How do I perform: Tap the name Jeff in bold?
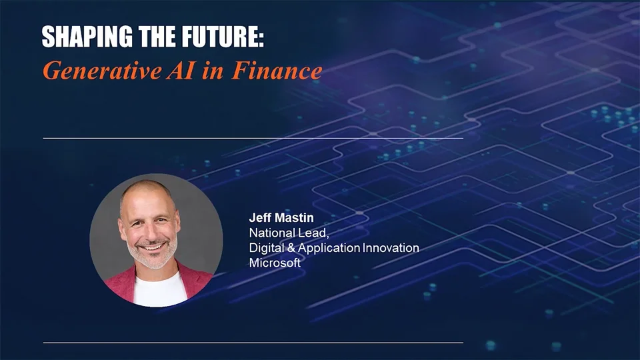tap(260, 218)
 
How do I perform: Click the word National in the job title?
tap(271, 233)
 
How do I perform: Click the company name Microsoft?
tap(275, 263)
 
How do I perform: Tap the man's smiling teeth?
tap(153, 247)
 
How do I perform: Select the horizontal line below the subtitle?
tap(253, 138)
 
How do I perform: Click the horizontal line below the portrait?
tap(253, 343)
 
